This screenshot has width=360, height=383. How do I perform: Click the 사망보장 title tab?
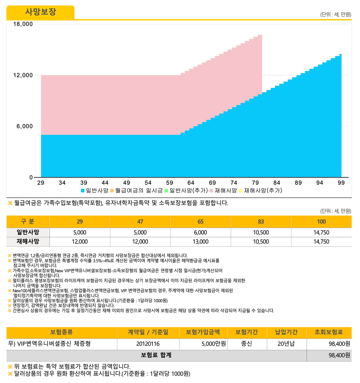[x=40, y=12]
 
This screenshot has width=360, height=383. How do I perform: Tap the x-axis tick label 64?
[x=191, y=183]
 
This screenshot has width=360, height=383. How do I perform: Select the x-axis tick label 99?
[x=341, y=183]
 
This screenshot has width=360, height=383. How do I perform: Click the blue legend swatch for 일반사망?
[x=83, y=191]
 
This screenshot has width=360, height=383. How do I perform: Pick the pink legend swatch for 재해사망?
[x=212, y=191]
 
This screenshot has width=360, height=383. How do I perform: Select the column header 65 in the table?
[x=200, y=221]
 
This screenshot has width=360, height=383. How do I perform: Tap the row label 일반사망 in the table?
[x=28, y=232]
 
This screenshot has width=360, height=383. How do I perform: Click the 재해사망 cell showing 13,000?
[x=200, y=242]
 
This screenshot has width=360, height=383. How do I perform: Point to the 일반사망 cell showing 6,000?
[x=200, y=232]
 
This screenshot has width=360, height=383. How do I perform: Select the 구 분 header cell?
[x=28, y=221]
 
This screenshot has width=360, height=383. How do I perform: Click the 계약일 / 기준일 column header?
[x=148, y=332]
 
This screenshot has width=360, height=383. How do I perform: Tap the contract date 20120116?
[x=148, y=344]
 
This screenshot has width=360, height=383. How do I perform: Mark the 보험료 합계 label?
[x=156, y=355]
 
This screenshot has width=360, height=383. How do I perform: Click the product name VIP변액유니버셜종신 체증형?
[x=49, y=344]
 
